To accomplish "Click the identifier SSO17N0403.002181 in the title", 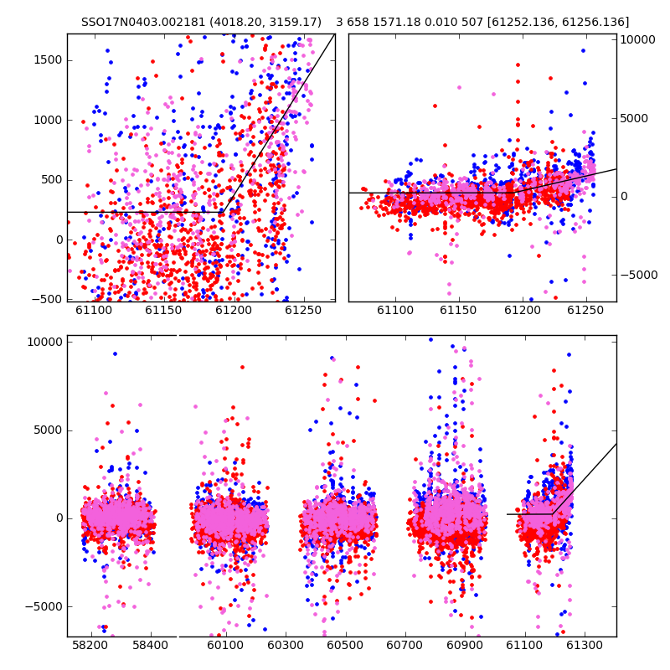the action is (143, 22).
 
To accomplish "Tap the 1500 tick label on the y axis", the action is (48, 60).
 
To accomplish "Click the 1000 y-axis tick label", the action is (48, 120).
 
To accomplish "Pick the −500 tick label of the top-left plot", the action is (47, 300).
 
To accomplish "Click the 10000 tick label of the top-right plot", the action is (637, 39).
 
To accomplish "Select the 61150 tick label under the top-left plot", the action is (163, 310).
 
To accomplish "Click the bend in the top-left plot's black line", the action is (224, 212).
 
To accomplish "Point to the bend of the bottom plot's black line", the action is (553, 513).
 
